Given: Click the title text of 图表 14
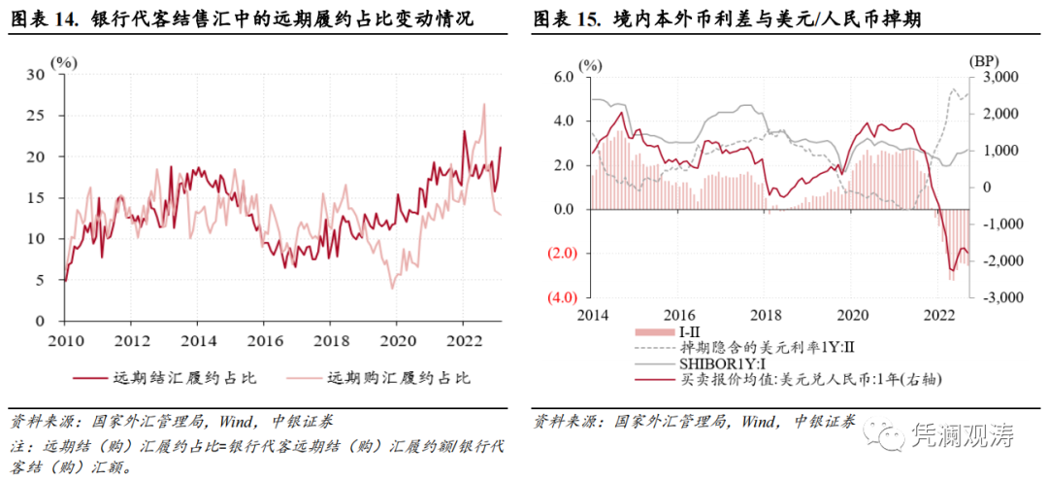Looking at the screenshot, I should (x=243, y=18).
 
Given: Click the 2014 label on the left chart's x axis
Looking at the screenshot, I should (x=198, y=339).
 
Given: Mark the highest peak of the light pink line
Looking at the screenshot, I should (x=483, y=104).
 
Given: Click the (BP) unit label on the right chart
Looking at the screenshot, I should (x=983, y=61).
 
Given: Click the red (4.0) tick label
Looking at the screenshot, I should (x=562, y=297).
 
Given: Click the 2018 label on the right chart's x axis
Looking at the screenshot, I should (x=767, y=315).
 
